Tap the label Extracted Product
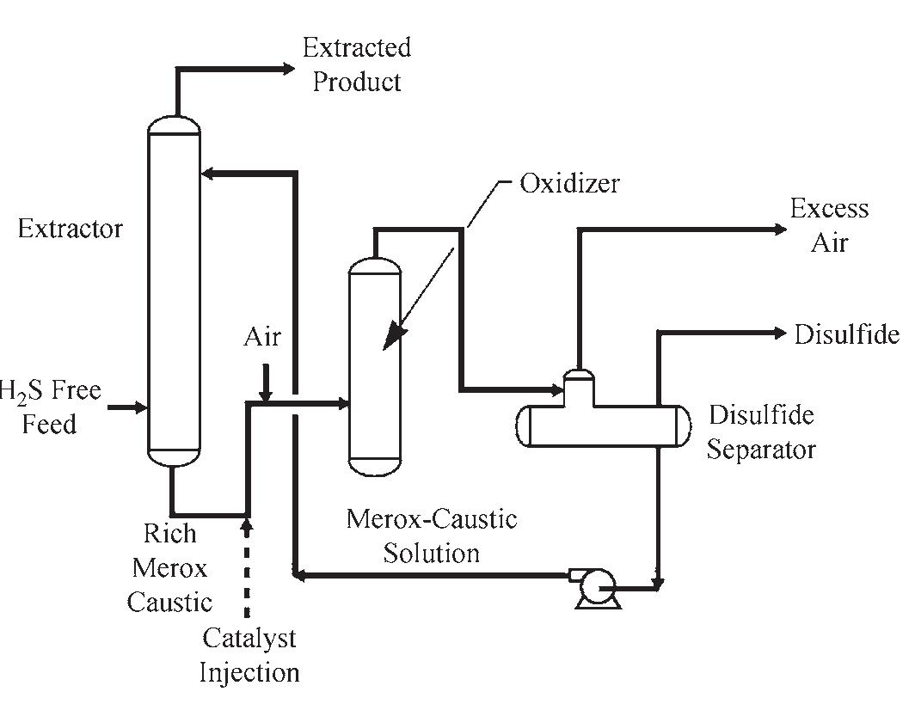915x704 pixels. click(x=356, y=64)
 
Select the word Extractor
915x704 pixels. click(x=71, y=230)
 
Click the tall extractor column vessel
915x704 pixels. click(x=174, y=292)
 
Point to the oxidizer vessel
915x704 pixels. click(x=374, y=370)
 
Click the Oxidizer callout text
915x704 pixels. click(x=569, y=184)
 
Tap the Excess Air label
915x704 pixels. click(x=829, y=226)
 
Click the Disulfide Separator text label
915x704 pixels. click(x=761, y=432)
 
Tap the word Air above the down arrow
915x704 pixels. click(x=261, y=337)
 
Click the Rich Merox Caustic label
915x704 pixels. click(x=169, y=567)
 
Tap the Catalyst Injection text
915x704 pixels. click(x=249, y=654)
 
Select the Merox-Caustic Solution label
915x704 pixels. click(x=431, y=536)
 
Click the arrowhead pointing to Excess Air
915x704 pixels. click(x=779, y=229)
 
